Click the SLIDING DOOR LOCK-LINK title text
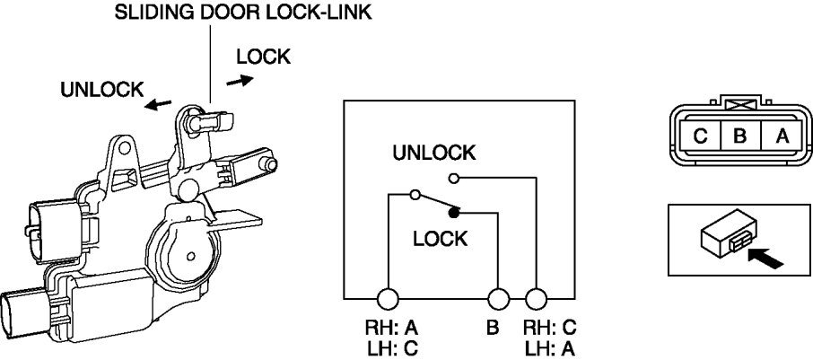tap(243, 13)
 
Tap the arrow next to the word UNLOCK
tap(159, 105)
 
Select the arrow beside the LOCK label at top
tap(240, 80)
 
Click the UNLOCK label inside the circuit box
tap(433, 153)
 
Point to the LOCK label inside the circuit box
tap(441, 239)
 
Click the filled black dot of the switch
tap(455, 213)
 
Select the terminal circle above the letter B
tap(498, 299)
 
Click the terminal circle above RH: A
tap(388, 299)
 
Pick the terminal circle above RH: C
tap(536, 299)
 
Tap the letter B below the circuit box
tap(492, 329)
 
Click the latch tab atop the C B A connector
tap(741, 105)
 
